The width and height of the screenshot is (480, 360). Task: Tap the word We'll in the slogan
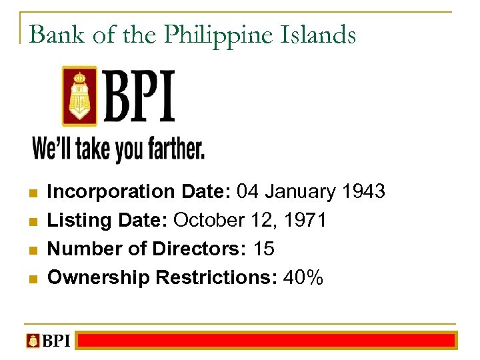coord(52,149)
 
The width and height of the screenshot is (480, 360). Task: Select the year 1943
coord(363,192)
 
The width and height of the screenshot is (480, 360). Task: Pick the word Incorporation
coord(111,192)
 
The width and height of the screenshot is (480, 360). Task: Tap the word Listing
coord(74,221)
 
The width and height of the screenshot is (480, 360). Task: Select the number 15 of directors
coord(264,249)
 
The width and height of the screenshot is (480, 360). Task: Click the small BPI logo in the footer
coord(47,341)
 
